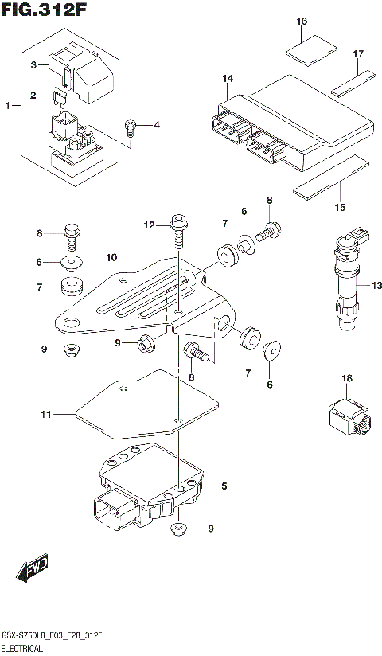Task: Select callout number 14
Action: pyautogui.click(x=228, y=78)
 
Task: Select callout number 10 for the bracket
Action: pyautogui.click(x=111, y=258)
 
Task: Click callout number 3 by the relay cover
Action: pyautogui.click(x=34, y=64)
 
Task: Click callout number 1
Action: pyautogui.click(x=8, y=105)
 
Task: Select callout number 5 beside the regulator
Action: pyautogui.click(x=224, y=485)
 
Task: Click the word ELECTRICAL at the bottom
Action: pyautogui.click(x=24, y=649)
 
